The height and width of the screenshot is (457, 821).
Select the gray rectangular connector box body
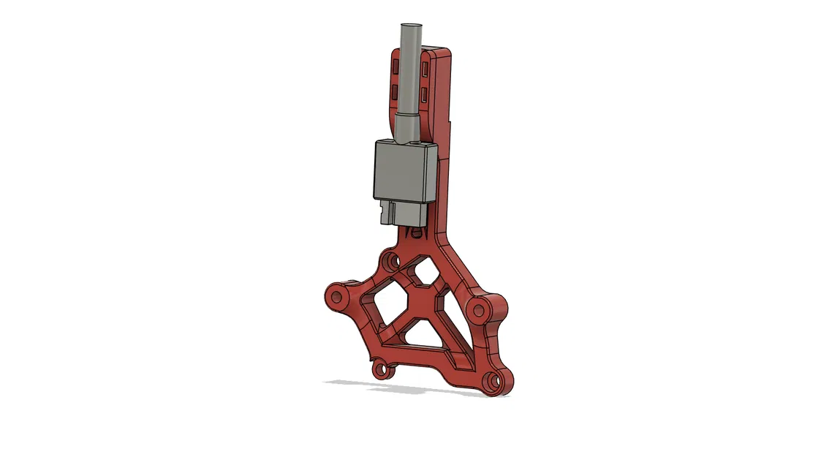[404, 169]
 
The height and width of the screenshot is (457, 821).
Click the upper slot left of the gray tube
[395, 67]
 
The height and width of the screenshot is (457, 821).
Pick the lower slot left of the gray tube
[395, 92]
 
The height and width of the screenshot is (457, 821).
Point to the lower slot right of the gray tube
[425, 94]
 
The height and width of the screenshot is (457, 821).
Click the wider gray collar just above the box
[406, 126]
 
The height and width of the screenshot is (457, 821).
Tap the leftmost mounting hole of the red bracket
[337, 297]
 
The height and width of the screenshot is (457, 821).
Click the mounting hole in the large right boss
[479, 310]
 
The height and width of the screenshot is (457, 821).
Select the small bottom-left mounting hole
[379, 369]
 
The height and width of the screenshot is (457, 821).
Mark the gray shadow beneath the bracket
[409, 388]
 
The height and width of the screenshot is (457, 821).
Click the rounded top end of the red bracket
[439, 53]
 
